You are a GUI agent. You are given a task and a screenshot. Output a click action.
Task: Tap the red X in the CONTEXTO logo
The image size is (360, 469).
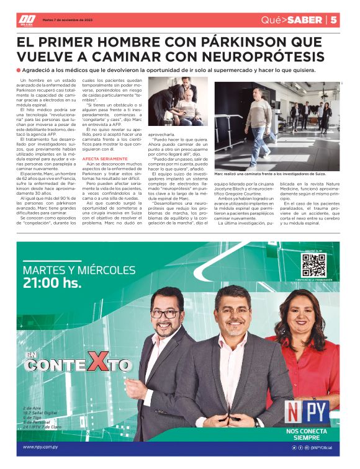point(97,362)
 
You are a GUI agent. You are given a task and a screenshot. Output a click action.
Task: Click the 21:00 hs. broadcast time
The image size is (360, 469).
point(52,284)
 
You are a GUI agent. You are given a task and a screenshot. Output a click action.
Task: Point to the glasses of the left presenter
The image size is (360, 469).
point(164,314)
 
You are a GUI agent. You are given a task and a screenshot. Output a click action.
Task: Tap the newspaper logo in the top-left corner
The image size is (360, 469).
point(26,20)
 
